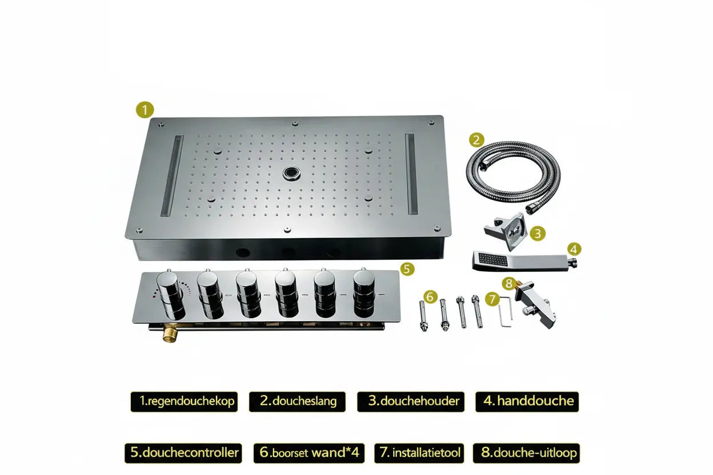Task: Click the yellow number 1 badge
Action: click(145, 110)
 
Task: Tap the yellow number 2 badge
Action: click(476, 140)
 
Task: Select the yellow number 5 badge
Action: click(407, 269)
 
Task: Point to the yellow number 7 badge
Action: click(492, 299)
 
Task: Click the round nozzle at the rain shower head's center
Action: click(290, 173)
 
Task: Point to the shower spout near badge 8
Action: click(535, 304)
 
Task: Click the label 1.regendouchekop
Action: click(184, 401)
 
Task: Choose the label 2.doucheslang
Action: click(297, 401)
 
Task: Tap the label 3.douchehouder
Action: click(411, 401)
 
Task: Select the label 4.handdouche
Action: click(527, 401)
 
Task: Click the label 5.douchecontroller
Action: click(183, 453)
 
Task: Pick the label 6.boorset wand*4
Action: click(309, 453)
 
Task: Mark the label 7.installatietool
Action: click(419, 453)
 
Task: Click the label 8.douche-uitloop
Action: click(527, 453)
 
